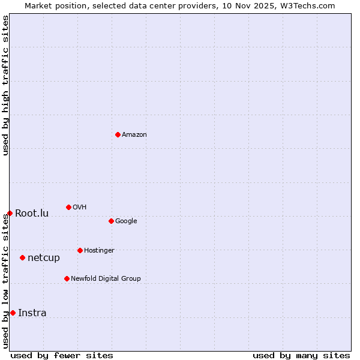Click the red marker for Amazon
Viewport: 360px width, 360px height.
click(x=118, y=134)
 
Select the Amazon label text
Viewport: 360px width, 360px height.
click(x=134, y=135)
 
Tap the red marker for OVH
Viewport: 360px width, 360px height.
click(x=68, y=207)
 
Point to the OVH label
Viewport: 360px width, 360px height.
click(x=80, y=208)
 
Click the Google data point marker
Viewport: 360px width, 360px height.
click(x=111, y=221)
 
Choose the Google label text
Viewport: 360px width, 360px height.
click(x=126, y=221)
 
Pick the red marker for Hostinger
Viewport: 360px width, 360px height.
click(x=80, y=250)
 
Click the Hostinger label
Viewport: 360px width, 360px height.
click(x=99, y=251)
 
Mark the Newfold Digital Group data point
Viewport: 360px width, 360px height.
click(x=67, y=278)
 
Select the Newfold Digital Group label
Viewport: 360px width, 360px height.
click(x=106, y=279)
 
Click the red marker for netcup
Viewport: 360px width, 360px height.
click(x=22, y=257)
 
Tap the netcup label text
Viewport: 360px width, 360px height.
click(x=44, y=258)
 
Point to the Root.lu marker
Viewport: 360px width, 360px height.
click(x=10, y=213)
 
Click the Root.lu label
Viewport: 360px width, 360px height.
click(x=32, y=214)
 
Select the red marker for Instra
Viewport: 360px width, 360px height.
click(x=13, y=313)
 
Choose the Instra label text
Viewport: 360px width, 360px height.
click(x=32, y=313)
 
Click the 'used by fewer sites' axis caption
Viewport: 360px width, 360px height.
click(x=62, y=355)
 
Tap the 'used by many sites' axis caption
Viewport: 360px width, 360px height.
click(x=301, y=355)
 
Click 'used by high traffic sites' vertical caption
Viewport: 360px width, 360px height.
click(x=5, y=86)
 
